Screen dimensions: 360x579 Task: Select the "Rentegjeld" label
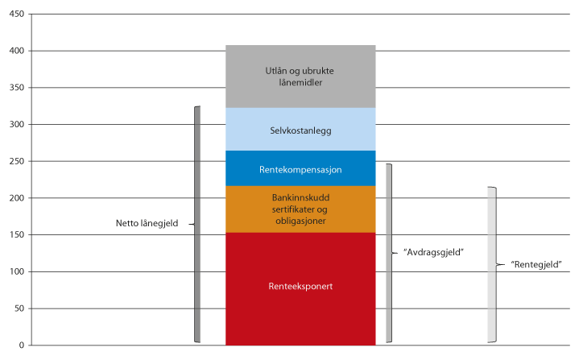537,264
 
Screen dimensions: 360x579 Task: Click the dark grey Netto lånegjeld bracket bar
196,224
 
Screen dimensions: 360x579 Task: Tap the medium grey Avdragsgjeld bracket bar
389,253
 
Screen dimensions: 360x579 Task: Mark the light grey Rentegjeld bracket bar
491,264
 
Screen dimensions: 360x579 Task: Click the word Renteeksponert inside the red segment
300,285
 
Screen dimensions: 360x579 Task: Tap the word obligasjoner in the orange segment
300,220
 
